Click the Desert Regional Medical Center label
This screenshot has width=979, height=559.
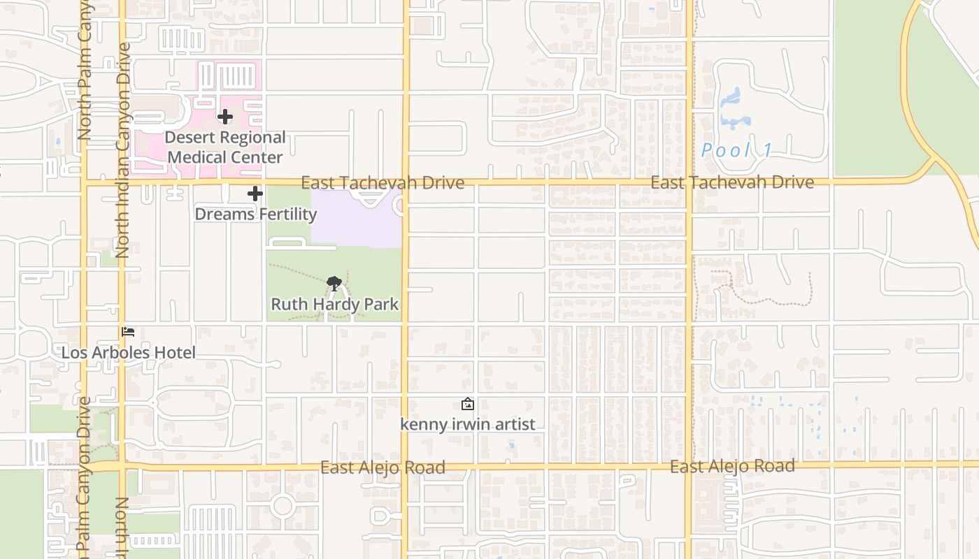pyautogui.click(x=225, y=147)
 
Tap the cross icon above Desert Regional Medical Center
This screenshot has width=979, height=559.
pyautogui.click(x=225, y=117)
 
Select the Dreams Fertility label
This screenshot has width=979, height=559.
pyautogui.click(x=255, y=214)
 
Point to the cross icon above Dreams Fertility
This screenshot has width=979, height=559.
pyautogui.click(x=255, y=194)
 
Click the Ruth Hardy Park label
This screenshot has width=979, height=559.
pyautogui.click(x=334, y=304)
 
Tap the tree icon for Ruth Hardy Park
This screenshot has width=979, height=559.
pyautogui.click(x=334, y=284)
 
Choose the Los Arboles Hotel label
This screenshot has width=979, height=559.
pyautogui.click(x=128, y=352)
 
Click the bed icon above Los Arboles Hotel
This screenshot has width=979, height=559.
pyautogui.click(x=128, y=332)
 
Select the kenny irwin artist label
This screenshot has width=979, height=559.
pyautogui.click(x=467, y=424)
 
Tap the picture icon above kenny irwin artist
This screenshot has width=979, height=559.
pyautogui.click(x=467, y=404)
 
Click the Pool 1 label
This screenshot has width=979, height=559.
pyautogui.click(x=736, y=150)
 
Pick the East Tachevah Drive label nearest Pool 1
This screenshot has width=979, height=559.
pyautogui.click(x=731, y=182)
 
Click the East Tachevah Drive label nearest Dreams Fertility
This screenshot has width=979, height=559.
pyautogui.click(x=383, y=183)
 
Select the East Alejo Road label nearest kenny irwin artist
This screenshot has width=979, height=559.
pyautogui.click(x=383, y=467)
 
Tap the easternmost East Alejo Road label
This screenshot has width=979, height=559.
pyautogui.click(x=732, y=466)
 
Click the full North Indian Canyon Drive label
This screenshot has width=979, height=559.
pyautogui.click(x=123, y=150)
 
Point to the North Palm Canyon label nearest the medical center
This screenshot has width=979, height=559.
pyautogui.click(x=85, y=70)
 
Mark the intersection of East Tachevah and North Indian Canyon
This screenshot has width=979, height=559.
pyautogui.click(x=122, y=183)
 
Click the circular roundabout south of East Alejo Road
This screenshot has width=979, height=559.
pyautogui.click(x=283, y=505)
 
